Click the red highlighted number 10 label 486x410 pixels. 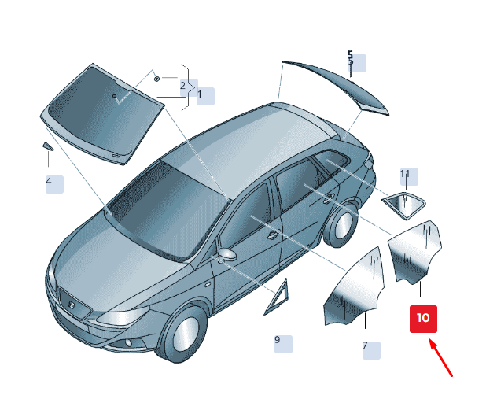tap(423, 319)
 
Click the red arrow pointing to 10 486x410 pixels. tap(441, 357)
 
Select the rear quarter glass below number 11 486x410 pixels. tap(404, 205)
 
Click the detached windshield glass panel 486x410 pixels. tap(101, 114)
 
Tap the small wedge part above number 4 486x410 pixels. tap(48, 146)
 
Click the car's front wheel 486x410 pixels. tap(183, 331)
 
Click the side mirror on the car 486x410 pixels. tap(227, 254)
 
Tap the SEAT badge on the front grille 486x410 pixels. tap(72, 305)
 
